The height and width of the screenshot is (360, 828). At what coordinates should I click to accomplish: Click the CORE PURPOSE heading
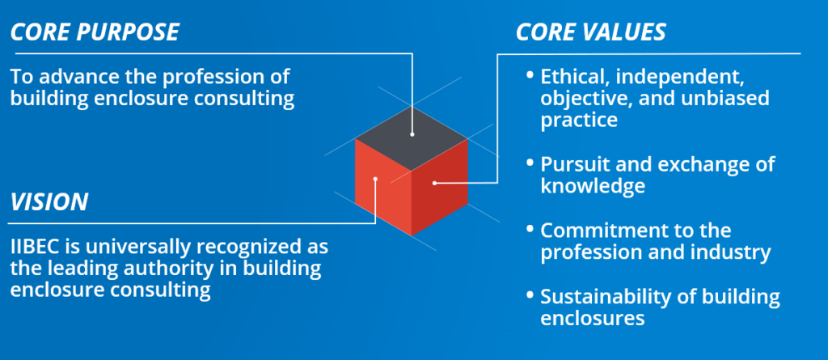94,33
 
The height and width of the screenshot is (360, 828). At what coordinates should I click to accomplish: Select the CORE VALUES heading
590,33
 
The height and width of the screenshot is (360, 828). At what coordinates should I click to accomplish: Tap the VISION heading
49,201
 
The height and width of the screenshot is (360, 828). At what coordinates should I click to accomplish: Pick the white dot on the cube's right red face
434,183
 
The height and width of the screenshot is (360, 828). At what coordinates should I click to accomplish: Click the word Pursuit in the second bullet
572,164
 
